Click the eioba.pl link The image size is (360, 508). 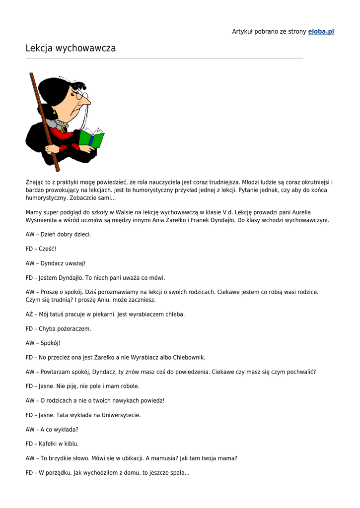coord(321,31)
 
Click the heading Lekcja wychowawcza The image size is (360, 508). coord(71,48)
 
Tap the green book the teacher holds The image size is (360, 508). coord(92,138)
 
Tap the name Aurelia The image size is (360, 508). coord(299,212)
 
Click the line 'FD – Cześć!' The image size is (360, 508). coord(41,249)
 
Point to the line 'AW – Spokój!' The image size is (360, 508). coord(43,343)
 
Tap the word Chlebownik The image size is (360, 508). coord(187,357)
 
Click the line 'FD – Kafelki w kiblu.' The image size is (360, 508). coord(52,444)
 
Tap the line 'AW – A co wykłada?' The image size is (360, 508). coord(52,429)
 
